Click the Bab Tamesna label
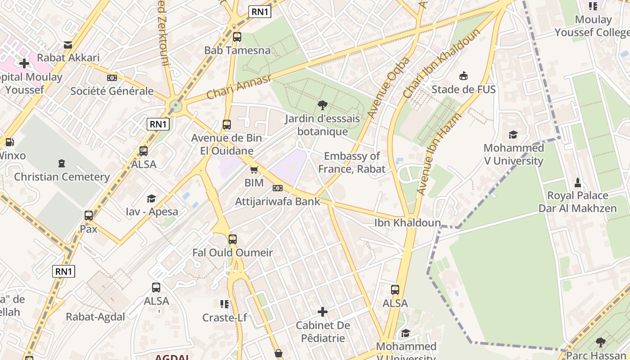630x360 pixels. click(x=237, y=50)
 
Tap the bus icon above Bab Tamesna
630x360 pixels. click(x=237, y=37)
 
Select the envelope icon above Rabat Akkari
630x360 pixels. click(x=68, y=45)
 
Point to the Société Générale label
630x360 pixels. click(x=112, y=91)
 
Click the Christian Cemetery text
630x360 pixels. click(x=62, y=177)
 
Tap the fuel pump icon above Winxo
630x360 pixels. click(x=9, y=142)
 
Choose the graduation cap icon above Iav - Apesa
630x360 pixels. click(x=152, y=198)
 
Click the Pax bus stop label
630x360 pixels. click(x=89, y=229)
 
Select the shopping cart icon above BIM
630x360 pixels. click(x=254, y=170)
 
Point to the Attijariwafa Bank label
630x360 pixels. click(x=278, y=201)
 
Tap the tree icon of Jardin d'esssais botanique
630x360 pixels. click(x=322, y=105)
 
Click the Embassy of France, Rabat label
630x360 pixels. click(x=352, y=162)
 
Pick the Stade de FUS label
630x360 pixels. click(x=463, y=89)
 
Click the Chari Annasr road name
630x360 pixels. click(x=239, y=87)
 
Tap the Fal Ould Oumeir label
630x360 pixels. click(x=233, y=252)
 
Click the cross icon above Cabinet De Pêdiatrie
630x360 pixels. click(x=323, y=311)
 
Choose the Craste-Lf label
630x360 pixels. click(x=225, y=318)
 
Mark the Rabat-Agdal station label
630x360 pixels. click(x=95, y=317)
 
